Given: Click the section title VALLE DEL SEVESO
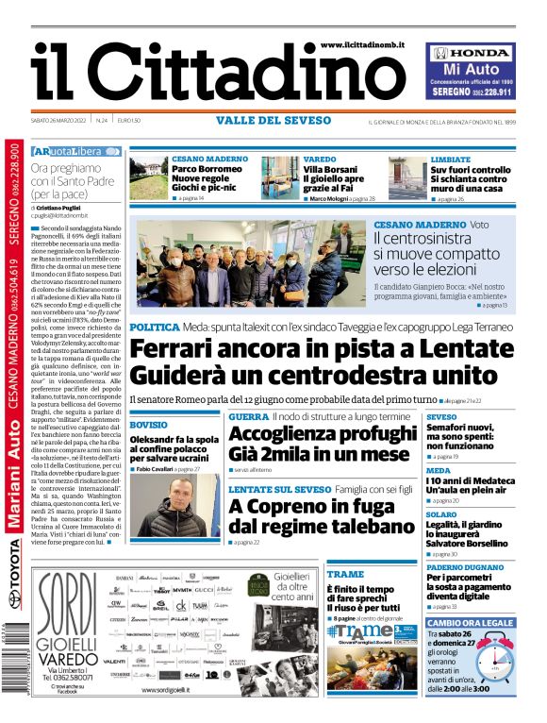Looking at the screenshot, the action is point(273,121).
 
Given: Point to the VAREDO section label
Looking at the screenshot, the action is point(320,160).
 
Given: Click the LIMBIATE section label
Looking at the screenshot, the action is point(451,160).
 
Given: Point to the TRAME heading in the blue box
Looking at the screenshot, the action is point(345,574).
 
